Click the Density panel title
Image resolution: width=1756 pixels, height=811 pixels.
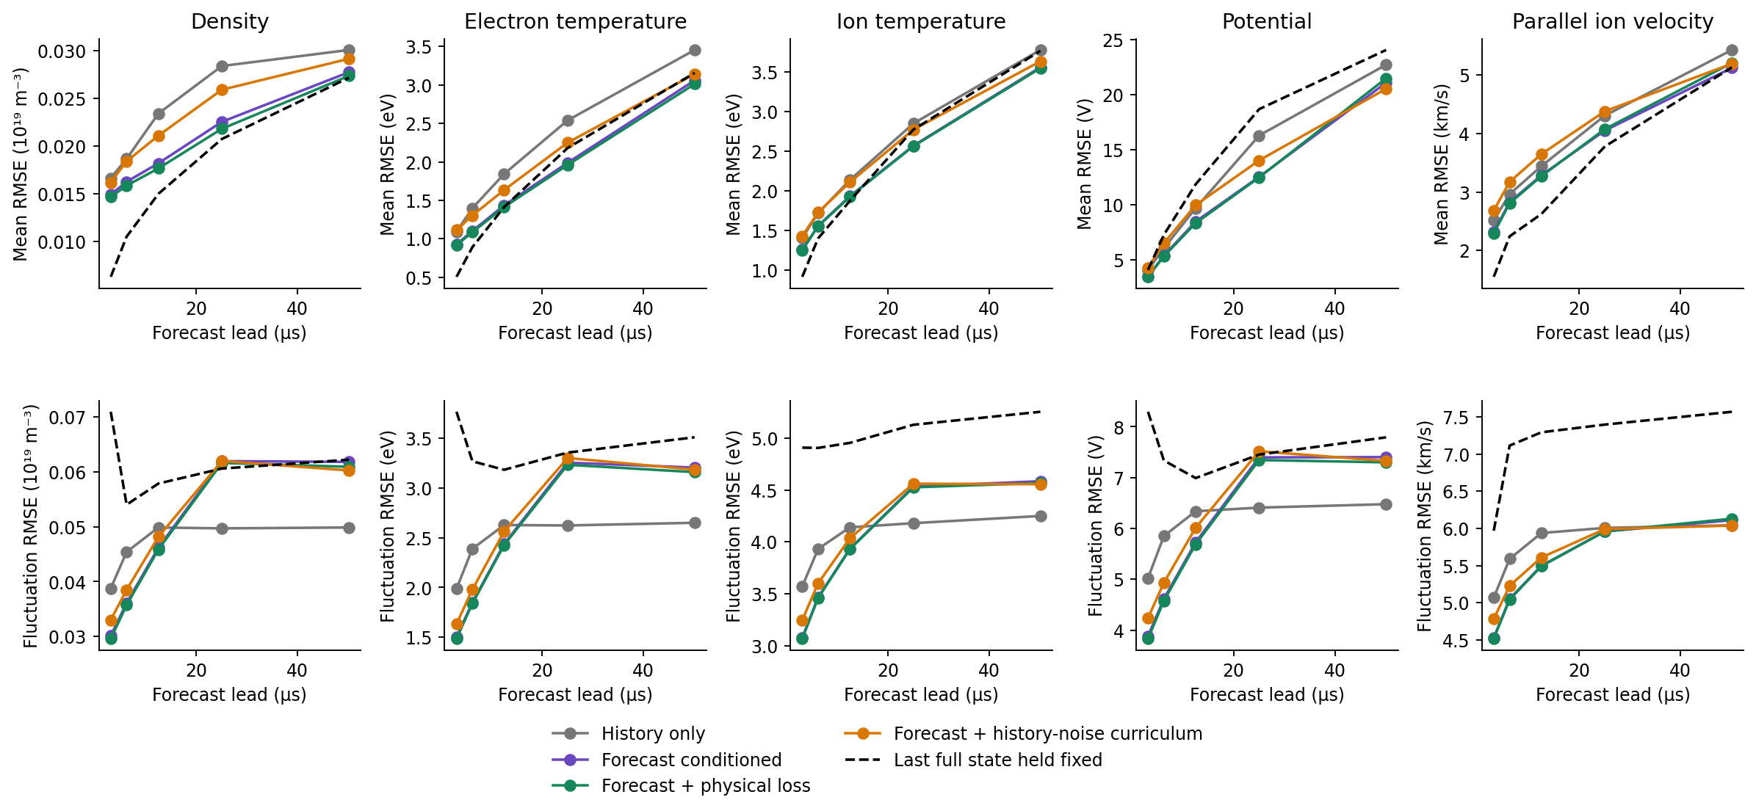(230, 21)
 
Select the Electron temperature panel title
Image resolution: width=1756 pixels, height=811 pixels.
(575, 21)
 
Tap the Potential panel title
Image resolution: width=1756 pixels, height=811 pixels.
(1267, 21)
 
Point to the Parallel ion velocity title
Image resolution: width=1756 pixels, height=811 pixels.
(1613, 21)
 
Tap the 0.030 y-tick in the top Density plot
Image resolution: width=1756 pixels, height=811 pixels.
(62, 51)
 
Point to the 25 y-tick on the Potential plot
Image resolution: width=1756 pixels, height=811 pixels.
(1113, 40)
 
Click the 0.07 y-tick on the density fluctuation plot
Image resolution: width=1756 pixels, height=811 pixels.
(67, 418)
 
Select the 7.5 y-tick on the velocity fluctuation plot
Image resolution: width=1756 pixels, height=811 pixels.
(1456, 418)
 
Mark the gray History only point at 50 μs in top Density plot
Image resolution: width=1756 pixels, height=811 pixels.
(349, 50)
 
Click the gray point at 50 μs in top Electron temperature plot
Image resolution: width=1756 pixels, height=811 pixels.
(695, 50)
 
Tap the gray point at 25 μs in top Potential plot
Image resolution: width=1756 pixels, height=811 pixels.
(1259, 136)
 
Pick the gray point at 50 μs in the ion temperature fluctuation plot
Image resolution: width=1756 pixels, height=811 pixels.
(1041, 516)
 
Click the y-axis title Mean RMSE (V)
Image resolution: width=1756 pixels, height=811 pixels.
(1085, 164)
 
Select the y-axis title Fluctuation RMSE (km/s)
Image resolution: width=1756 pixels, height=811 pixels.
(1425, 525)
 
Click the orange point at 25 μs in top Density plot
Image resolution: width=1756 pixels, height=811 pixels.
(222, 90)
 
